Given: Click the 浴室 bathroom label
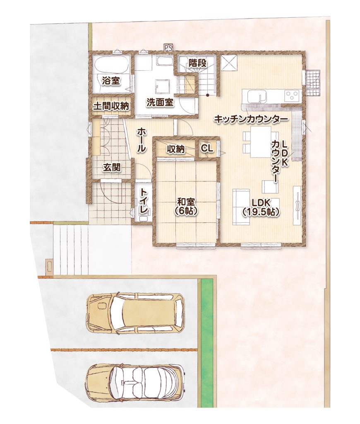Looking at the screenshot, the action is [x=111, y=80].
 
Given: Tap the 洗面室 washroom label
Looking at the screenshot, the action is [x=160, y=103].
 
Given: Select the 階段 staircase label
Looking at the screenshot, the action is [x=197, y=63].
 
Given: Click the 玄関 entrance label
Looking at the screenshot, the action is [x=112, y=168].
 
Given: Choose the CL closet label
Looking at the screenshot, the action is [x=207, y=148].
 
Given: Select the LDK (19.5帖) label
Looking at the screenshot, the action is [x=260, y=207].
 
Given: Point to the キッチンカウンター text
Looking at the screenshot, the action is [x=251, y=119].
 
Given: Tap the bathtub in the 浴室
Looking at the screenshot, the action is [x=111, y=64].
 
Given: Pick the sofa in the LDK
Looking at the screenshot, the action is [x=241, y=207].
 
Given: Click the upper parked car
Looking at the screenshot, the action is [x=135, y=312].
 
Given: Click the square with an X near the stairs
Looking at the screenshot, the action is [x=229, y=63].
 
